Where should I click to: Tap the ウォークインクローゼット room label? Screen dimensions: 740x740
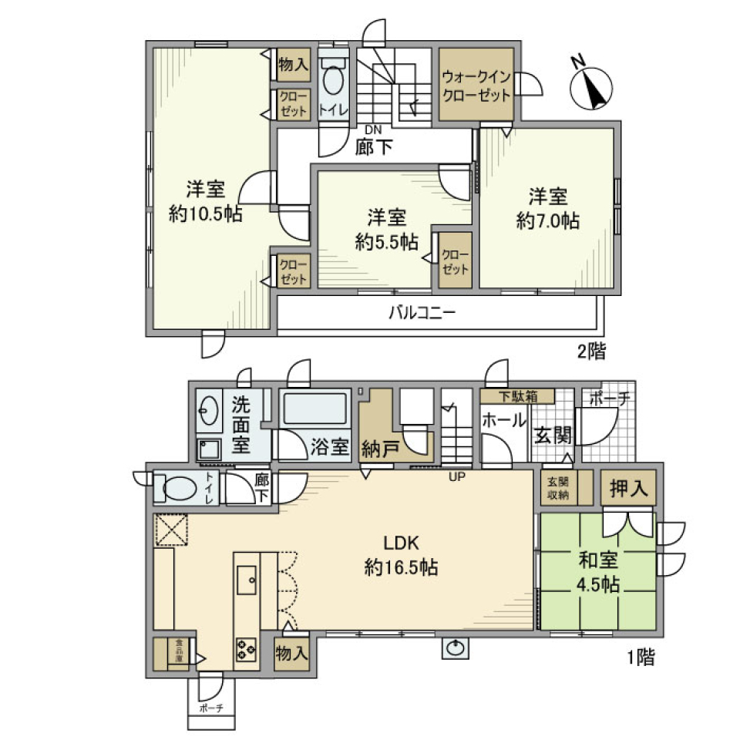(476, 86)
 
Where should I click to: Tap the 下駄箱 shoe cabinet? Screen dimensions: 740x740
(516, 396)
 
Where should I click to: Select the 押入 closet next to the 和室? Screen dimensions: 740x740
(627, 487)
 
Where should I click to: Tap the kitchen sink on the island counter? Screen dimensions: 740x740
(248, 580)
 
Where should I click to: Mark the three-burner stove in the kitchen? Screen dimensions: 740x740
(247, 650)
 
